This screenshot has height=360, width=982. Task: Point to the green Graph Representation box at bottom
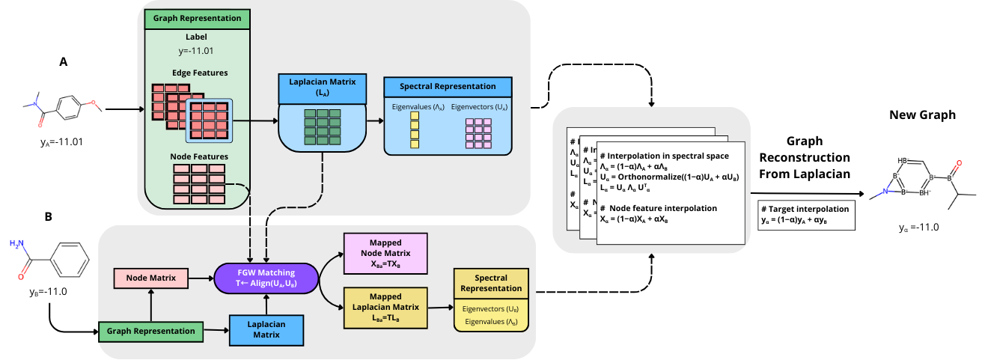coord(150,330)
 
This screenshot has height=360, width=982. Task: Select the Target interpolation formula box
coord(806,215)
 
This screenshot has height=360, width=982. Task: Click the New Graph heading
coord(922,115)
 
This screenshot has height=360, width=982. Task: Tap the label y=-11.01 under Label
coord(195,52)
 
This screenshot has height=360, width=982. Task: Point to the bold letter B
coord(49,217)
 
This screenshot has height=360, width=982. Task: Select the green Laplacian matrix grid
coord(321,126)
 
